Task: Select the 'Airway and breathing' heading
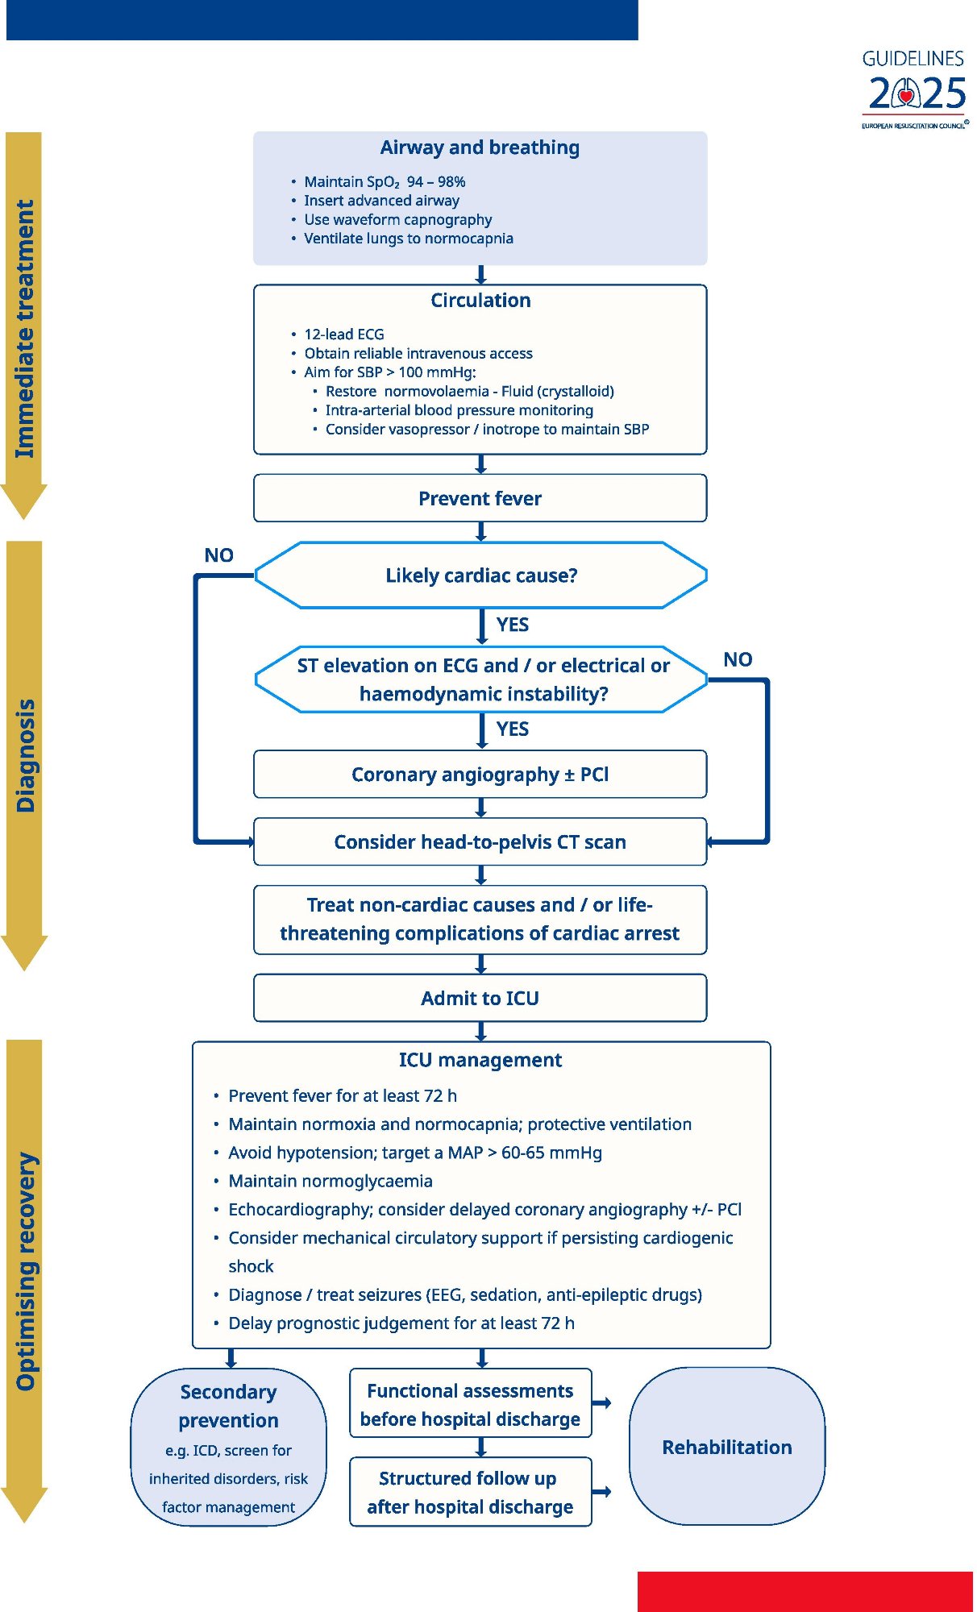[480, 147]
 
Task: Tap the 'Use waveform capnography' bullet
[397, 219]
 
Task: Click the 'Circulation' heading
[480, 301]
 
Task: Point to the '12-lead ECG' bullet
[343, 334]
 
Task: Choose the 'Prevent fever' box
[480, 498]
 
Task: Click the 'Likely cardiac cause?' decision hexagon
[480, 575]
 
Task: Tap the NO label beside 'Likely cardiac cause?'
[218, 555]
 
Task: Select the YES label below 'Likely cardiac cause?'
[513, 625]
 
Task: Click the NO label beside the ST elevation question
[738, 659]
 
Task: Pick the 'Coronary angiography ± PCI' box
[480, 775]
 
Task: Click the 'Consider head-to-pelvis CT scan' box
[480, 842]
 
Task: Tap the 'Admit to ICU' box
[480, 999]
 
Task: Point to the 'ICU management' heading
[480, 1060]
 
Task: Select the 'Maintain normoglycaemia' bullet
[331, 1181]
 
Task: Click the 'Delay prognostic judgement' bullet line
[401, 1323]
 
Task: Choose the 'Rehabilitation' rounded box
[727, 1447]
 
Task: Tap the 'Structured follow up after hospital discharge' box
[471, 1492]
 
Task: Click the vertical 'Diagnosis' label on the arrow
[26, 755]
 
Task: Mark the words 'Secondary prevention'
[229, 1406]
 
